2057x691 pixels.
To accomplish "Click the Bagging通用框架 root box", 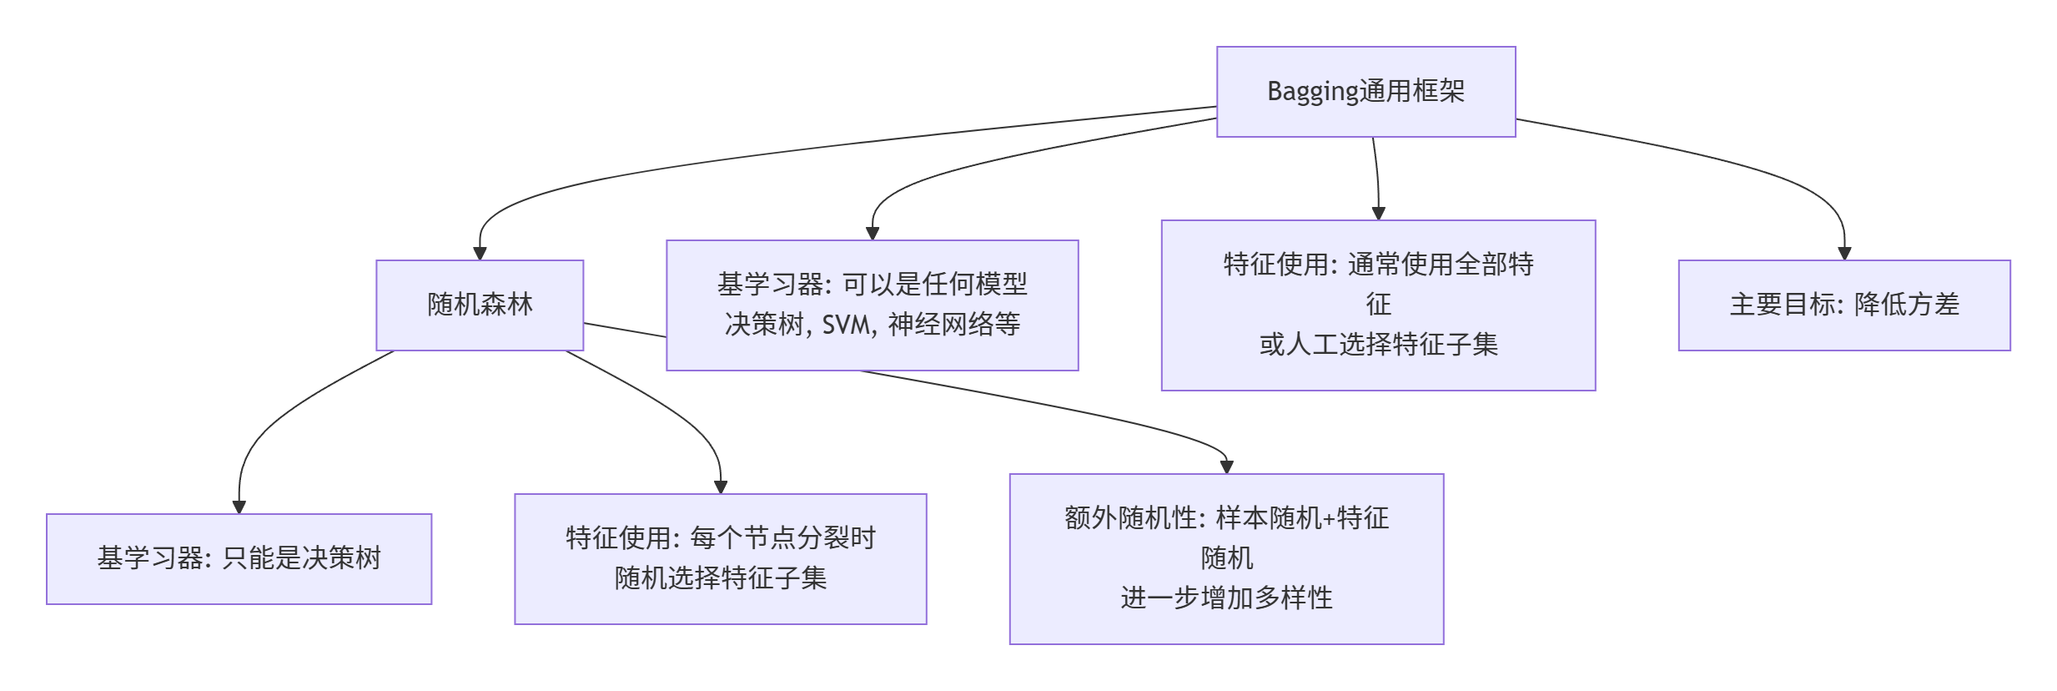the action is (x=1365, y=92).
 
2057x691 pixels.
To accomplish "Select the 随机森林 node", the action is (x=480, y=305).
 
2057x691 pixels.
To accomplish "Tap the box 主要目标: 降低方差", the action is (x=1844, y=305).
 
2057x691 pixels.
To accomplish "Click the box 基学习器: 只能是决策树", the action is (x=239, y=559).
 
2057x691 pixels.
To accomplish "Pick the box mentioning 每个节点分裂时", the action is (x=721, y=559).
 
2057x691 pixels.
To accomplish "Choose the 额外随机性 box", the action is (x=1226, y=559).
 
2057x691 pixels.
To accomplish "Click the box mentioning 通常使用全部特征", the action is (x=1378, y=305).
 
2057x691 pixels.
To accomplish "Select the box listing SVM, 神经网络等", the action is (x=873, y=305).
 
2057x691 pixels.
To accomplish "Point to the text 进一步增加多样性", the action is (x=1226, y=598).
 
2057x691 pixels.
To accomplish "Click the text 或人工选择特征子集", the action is (x=1378, y=344).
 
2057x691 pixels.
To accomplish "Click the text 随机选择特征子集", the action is (x=721, y=578).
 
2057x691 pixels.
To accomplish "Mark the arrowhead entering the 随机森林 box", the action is (x=480, y=254).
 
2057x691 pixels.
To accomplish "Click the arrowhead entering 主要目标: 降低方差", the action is (x=1844, y=254).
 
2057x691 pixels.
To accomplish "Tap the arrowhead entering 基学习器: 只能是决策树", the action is (x=239, y=507).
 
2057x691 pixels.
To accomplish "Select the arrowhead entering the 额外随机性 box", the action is (x=1226, y=467).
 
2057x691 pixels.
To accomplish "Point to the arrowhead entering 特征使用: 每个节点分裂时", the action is (x=721, y=487).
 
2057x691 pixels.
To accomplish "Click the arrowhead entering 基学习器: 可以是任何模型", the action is (x=873, y=234).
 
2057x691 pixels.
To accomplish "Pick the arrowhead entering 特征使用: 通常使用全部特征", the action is (x=1378, y=214).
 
